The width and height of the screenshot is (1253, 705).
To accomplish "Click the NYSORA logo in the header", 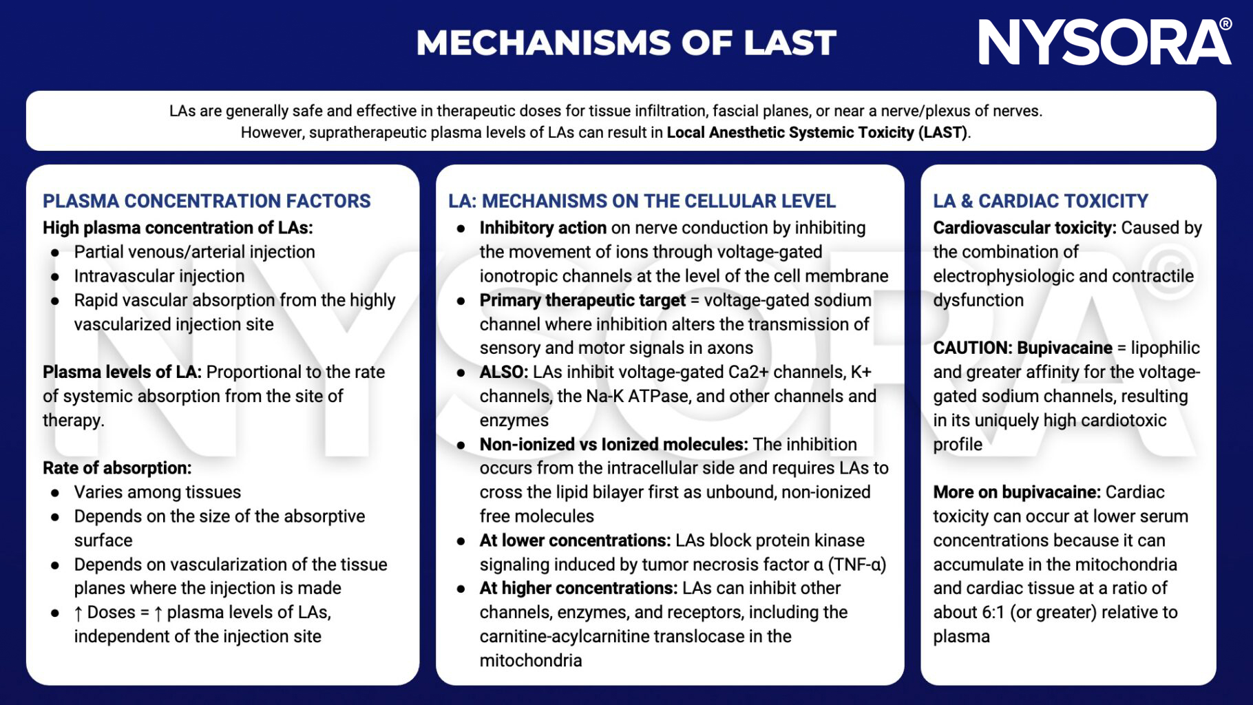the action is pyautogui.click(x=1104, y=43).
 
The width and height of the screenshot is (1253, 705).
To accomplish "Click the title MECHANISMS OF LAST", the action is pyautogui.click(x=626, y=43).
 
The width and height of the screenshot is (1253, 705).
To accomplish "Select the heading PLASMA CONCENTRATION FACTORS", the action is pyautogui.click(x=207, y=201).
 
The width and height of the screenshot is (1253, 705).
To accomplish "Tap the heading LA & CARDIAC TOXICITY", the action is pyautogui.click(x=1040, y=201).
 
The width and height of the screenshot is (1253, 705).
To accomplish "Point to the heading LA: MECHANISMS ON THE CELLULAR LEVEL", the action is pyautogui.click(x=642, y=201).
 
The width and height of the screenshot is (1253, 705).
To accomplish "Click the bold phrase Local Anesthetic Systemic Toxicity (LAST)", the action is pyautogui.click(x=817, y=132).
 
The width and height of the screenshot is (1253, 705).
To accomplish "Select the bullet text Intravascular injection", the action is pyautogui.click(x=159, y=276).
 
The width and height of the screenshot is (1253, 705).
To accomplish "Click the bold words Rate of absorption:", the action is pyautogui.click(x=117, y=468).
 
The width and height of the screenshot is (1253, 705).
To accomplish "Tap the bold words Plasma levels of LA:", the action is pyautogui.click(x=122, y=372).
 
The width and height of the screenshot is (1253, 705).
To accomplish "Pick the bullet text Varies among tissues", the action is pyautogui.click(x=158, y=492).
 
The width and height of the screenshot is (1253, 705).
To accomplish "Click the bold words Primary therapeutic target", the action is pyautogui.click(x=582, y=300).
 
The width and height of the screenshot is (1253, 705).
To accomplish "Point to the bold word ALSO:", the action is pyautogui.click(x=503, y=372).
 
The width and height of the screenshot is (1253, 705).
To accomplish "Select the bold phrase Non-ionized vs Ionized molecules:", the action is pyautogui.click(x=613, y=444).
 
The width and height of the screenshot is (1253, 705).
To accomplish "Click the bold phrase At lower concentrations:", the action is pyautogui.click(x=575, y=540).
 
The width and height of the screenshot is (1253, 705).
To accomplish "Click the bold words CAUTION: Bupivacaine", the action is pyautogui.click(x=1022, y=348).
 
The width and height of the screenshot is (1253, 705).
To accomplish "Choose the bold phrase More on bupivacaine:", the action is pyautogui.click(x=1017, y=492).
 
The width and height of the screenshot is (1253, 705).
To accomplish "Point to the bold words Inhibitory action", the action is pyautogui.click(x=543, y=228).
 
